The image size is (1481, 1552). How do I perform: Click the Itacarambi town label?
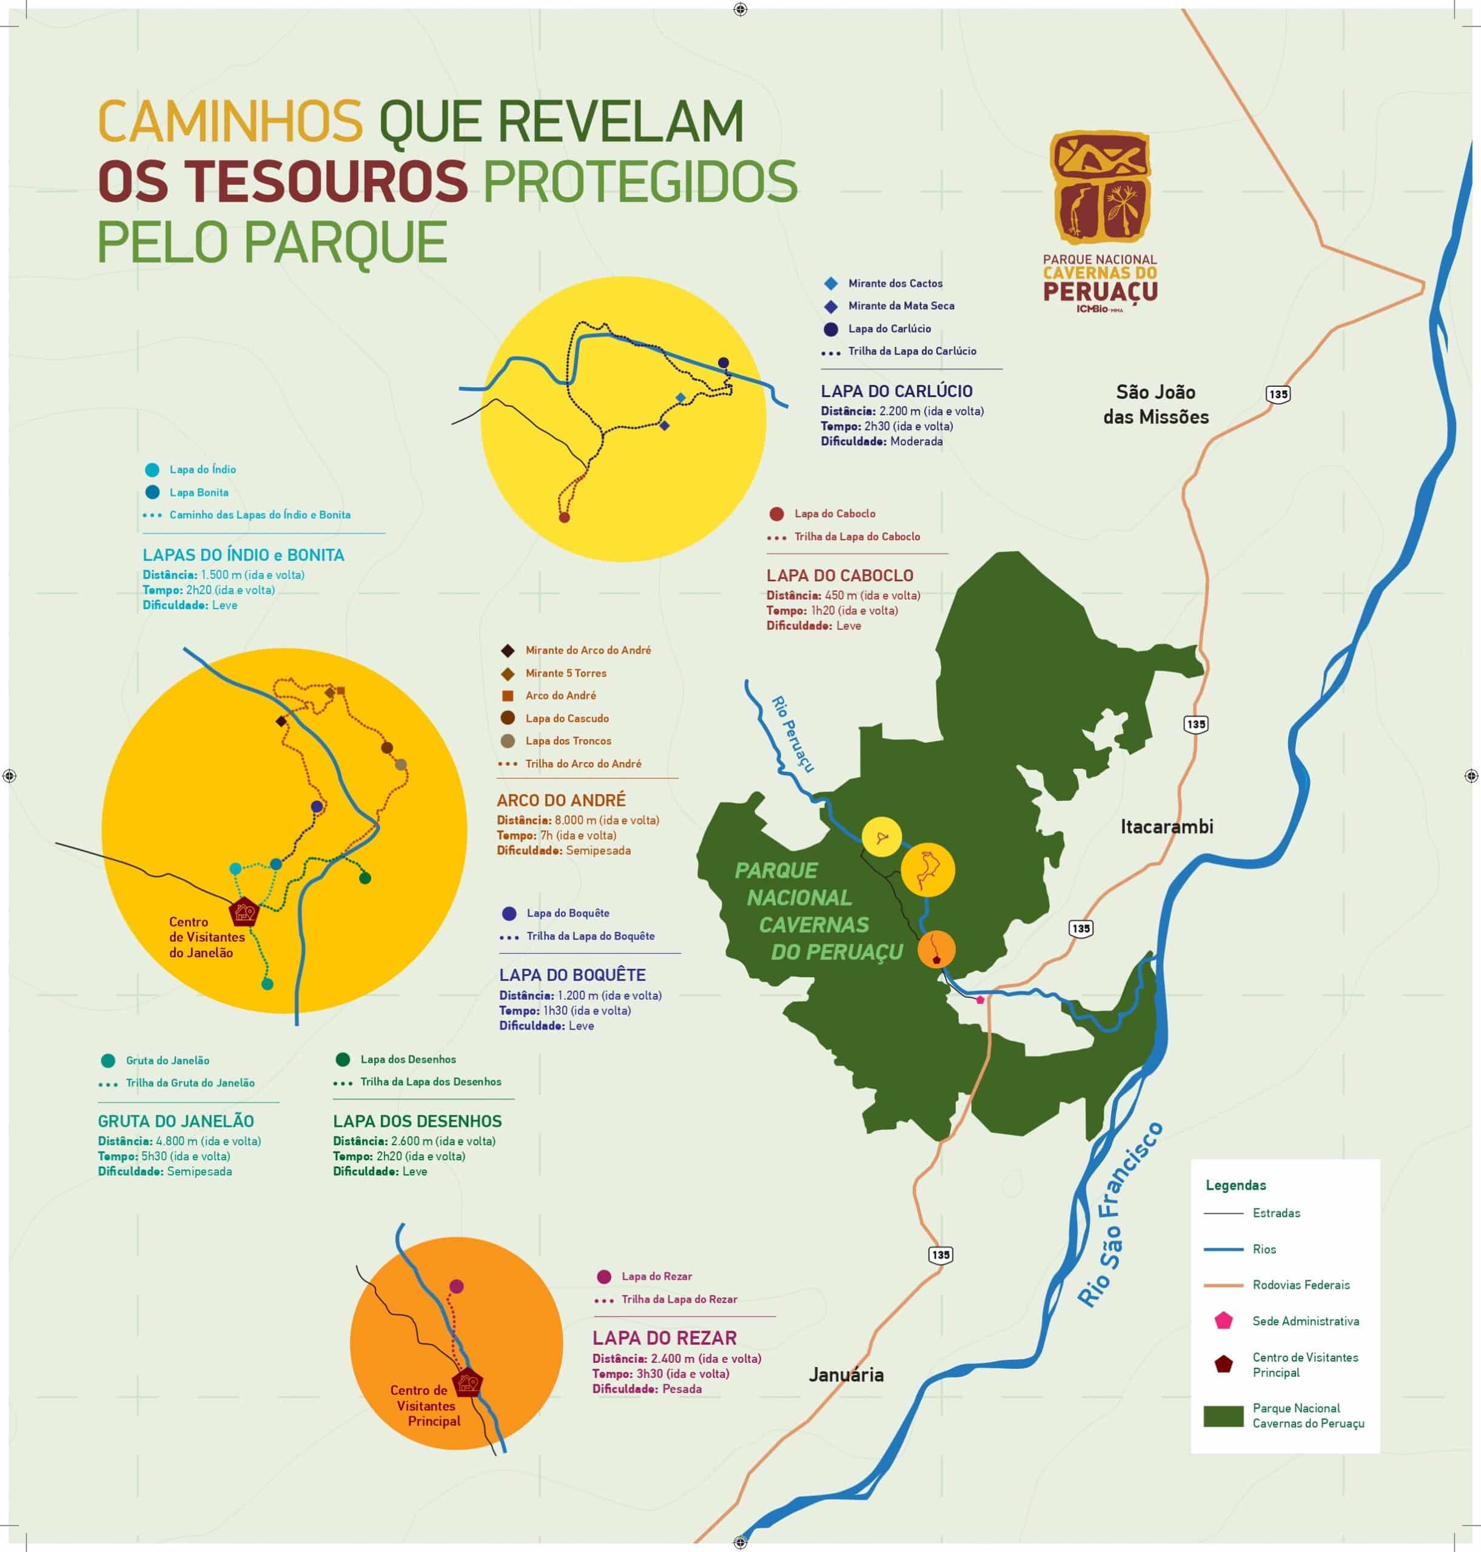coord(1167,827)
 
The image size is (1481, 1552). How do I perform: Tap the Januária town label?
coord(845,1375)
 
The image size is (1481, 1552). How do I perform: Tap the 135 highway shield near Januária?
coord(940,1254)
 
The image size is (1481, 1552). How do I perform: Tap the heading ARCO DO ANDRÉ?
coord(560,800)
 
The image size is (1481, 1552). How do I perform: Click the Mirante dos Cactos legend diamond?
coord(830,283)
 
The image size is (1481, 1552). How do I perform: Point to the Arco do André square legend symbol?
coord(508,696)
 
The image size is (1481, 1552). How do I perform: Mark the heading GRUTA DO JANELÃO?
coord(176,1121)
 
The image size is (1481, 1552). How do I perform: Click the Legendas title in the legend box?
coord(1235,1185)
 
